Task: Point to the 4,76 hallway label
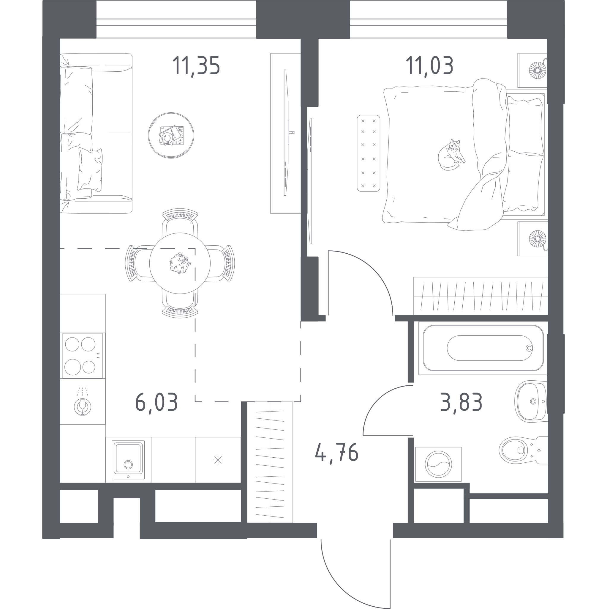(x=336, y=452)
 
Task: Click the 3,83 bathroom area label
(x=461, y=402)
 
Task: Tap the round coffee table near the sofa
(x=171, y=135)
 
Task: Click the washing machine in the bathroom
(x=438, y=464)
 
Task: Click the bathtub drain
(x=529, y=348)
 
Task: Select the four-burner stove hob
(x=83, y=356)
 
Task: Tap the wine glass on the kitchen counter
(x=83, y=406)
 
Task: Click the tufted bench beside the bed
(x=368, y=153)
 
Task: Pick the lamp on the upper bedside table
(x=538, y=70)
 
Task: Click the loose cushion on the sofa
(x=90, y=169)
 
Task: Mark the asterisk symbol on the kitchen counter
(x=218, y=460)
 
